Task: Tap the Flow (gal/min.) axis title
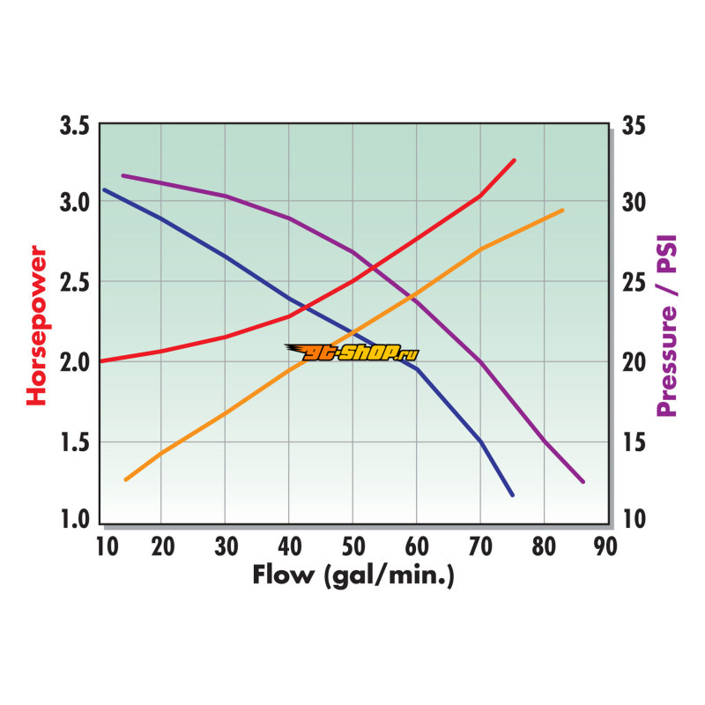click(352, 576)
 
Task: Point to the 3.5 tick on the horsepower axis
click(75, 125)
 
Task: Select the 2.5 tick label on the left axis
click(75, 283)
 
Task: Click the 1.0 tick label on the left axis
click(75, 518)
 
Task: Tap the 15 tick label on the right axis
click(633, 442)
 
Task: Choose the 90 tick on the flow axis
click(605, 546)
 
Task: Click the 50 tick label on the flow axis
click(352, 546)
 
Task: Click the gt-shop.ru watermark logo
click(352, 352)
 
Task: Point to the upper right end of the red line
click(515, 160)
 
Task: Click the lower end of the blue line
click(512, 495)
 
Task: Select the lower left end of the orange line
click(126, 479)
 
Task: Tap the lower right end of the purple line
click(583, 481)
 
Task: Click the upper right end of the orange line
click(562, 210)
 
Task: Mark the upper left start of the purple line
click(122, 175)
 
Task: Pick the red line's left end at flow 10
click(101, 360)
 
